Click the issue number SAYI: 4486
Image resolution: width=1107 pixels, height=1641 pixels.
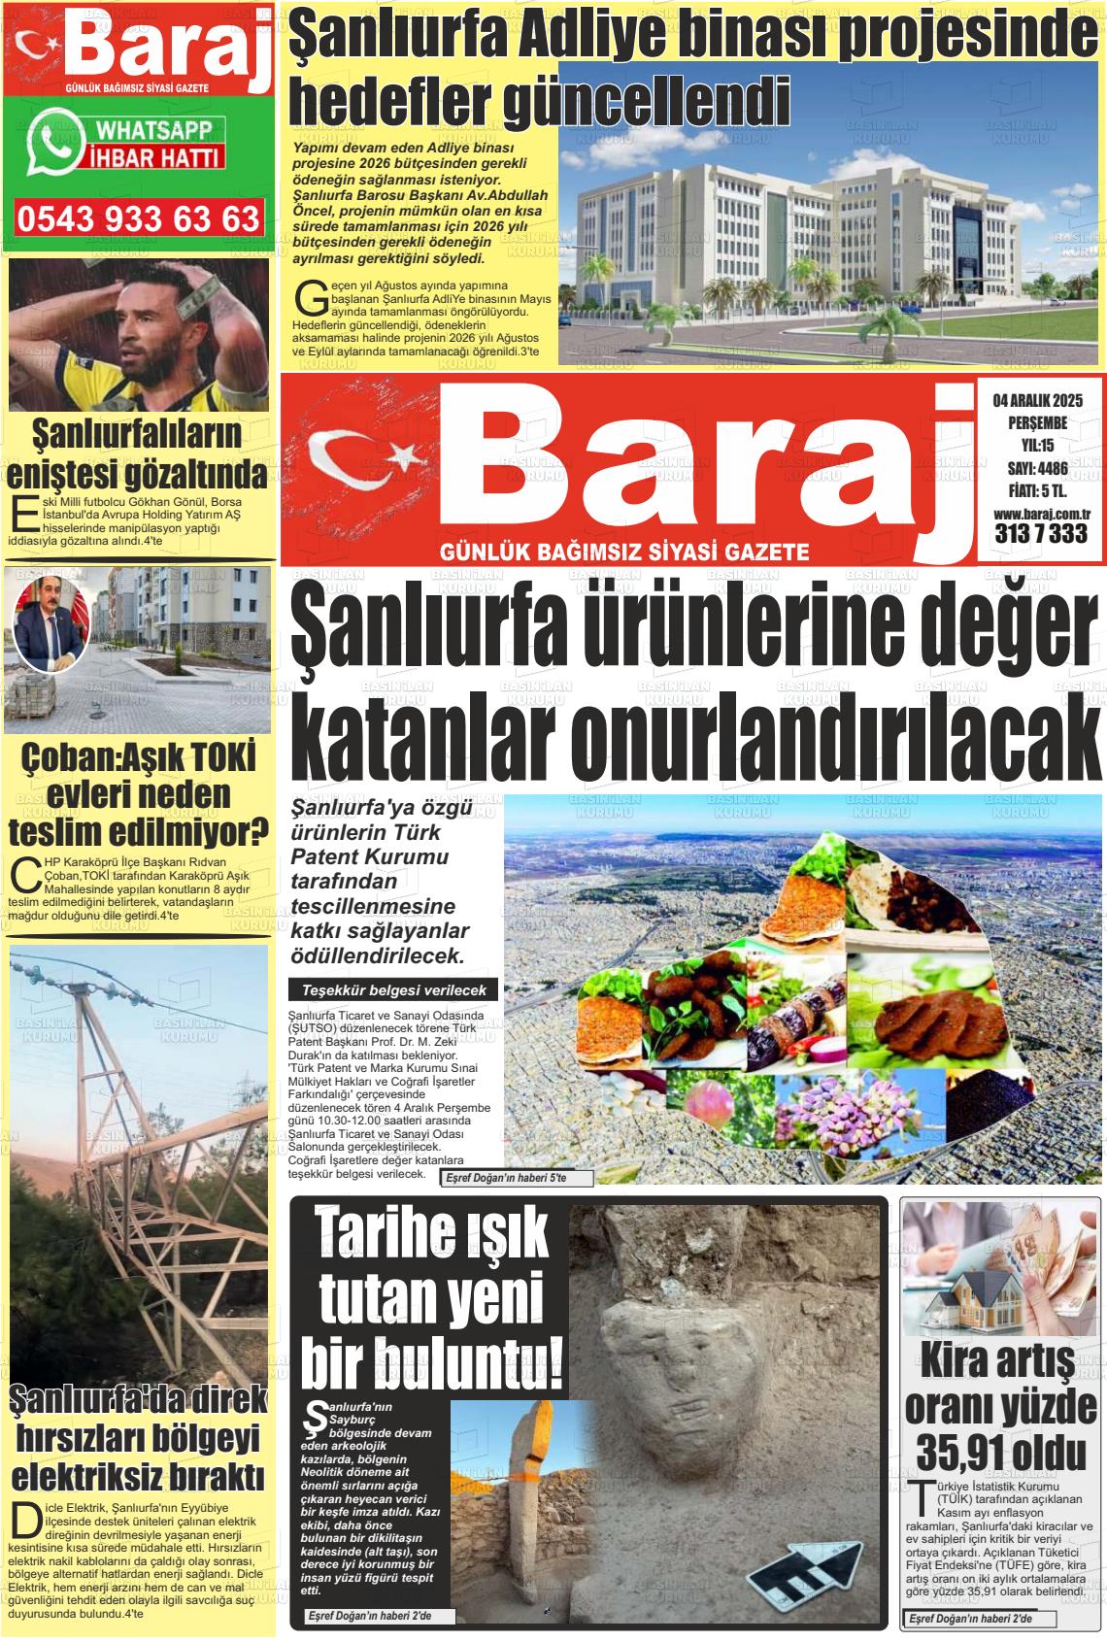[1037, 467]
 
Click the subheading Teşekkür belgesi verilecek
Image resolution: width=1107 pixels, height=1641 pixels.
[393, 990]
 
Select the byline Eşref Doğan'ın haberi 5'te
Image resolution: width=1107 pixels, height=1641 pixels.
[505, 1178]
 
